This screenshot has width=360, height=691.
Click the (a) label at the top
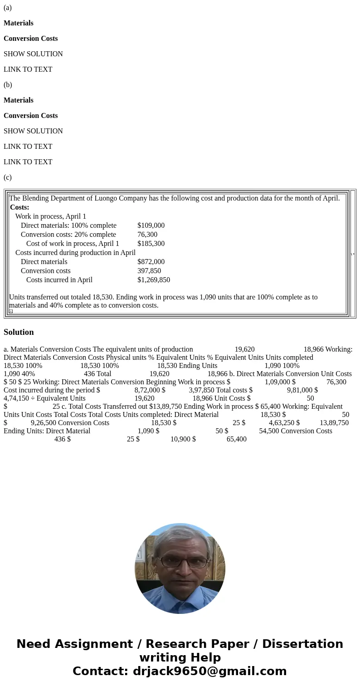click(x=8, y=8)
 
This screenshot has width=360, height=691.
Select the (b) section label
click(x=8, y=85)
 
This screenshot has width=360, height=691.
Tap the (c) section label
click(x=8, y=177)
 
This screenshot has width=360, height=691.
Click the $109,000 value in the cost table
click(x=151, y=225)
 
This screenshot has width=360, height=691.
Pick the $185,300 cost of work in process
click(x=151, y=244)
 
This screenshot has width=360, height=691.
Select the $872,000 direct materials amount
click(x=151, y=262)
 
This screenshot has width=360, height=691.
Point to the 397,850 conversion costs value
click(x=149, y=271)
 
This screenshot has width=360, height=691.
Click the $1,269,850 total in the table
click(x=154, y=280)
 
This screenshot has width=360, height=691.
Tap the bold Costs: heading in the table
click(x=19, y=207)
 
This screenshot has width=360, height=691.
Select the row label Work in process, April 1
click(x=51, y=216)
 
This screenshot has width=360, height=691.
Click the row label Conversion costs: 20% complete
click(x=68, y=235)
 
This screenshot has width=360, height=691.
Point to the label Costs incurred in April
click(x=59, y=280)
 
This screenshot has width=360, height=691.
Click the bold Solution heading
click(x=19, y=332)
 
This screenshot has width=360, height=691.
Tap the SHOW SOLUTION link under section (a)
click(x=33, y=54)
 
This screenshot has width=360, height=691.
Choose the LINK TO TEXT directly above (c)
click(x=28, y=162)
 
